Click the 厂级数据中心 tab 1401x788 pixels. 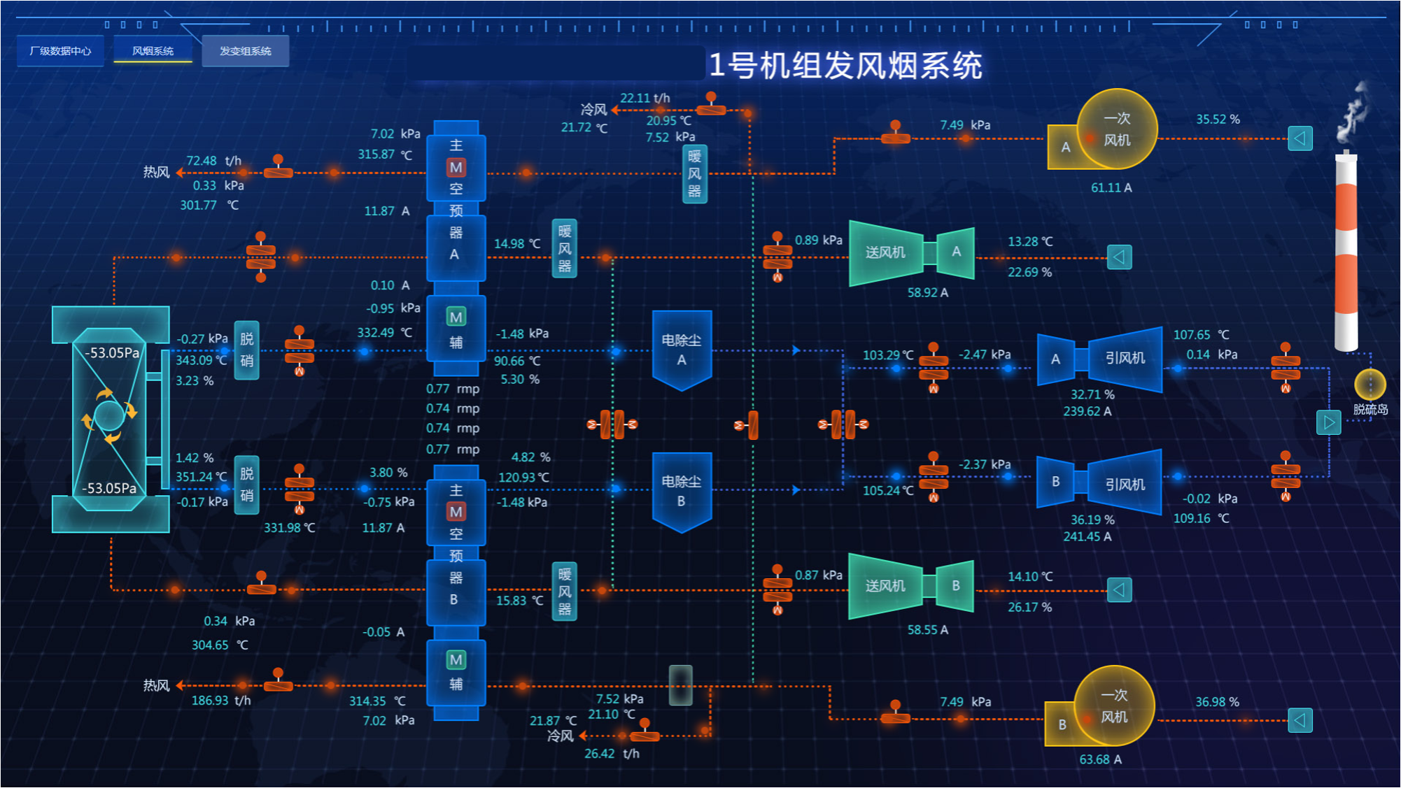(x=60, y=51)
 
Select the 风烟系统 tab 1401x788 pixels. (x=153, y=51)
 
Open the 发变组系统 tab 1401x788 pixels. (x=245, y=51)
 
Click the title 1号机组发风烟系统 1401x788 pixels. (x=845, y=66)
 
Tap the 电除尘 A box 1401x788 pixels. (x=682, y=350)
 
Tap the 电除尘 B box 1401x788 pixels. (x=682, y=491)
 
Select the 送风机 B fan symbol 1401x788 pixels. (x=910, y=586)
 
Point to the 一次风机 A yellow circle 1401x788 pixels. (x=1116, y=129)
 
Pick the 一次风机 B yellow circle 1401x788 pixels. (x=1113, y=706)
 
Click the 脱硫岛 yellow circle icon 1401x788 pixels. (x=1370, y=384)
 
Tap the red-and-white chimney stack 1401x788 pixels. (x=1346, y=252)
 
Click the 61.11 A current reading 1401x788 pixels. (x=1111, y=187)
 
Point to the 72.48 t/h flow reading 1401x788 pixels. (x=213, y=161)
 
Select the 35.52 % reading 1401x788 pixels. (x=1218, y=120)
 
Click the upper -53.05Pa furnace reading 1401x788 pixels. (x=112, y=353)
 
